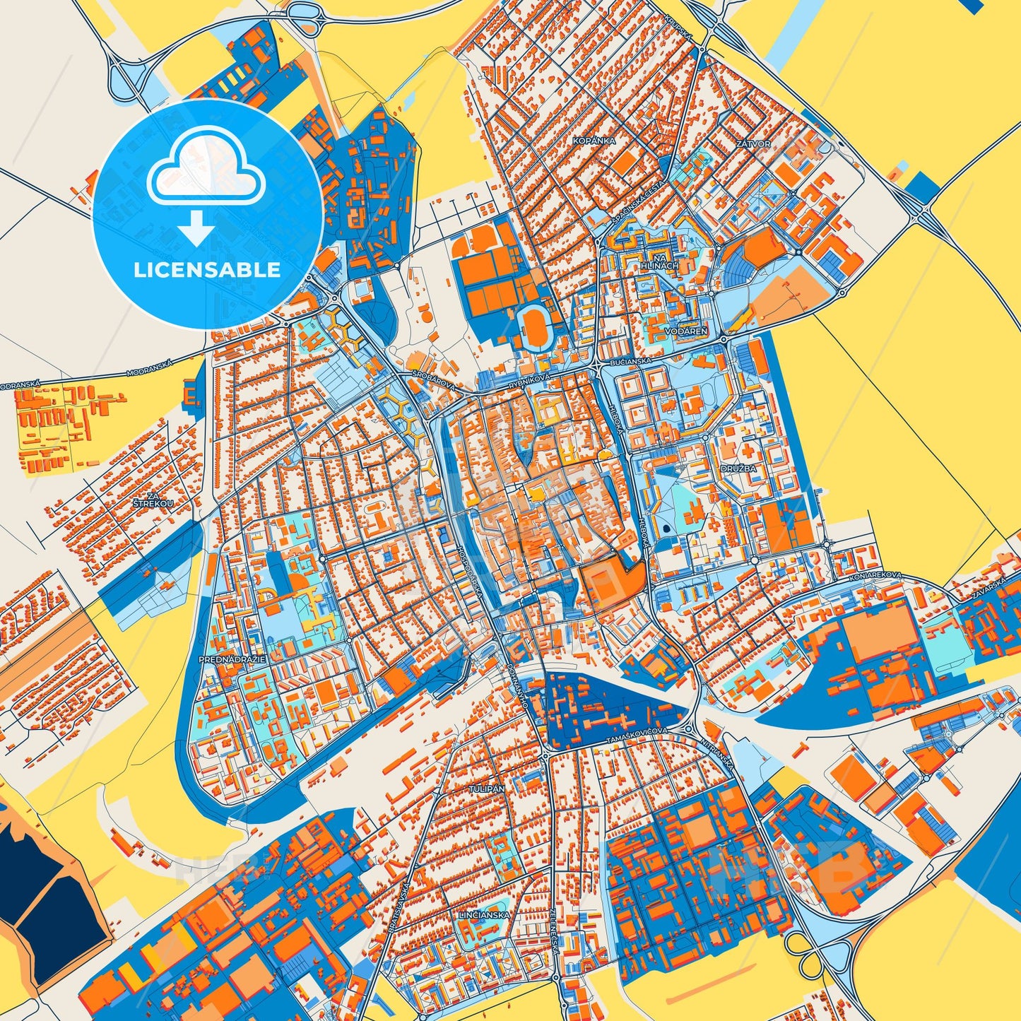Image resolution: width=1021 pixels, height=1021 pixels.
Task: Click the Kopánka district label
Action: click(x=594, y=141)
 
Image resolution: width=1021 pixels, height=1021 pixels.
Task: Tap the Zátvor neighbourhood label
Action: click(x=753, y=143)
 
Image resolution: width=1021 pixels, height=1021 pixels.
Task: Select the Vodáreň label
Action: click(x=681, y=331)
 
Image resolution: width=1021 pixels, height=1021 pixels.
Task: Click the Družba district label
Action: click(x=738, y=468)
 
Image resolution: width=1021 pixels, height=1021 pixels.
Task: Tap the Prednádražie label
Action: click(x=232, y=659)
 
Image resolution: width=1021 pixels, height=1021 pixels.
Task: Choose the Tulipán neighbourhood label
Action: click(x=486, y=788)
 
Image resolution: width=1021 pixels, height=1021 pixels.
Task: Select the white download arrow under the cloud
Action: click(x=196, y=228)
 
